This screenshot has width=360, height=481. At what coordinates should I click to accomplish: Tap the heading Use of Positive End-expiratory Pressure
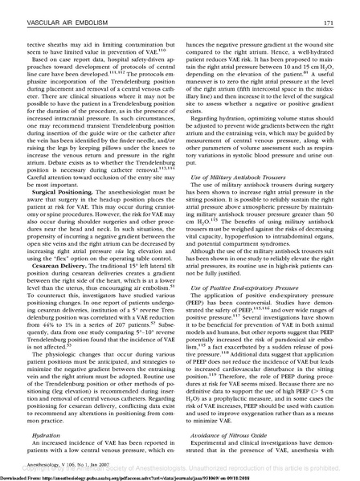coord(250,309)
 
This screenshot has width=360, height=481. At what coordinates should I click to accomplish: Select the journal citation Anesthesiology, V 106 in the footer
coord(55,463)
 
